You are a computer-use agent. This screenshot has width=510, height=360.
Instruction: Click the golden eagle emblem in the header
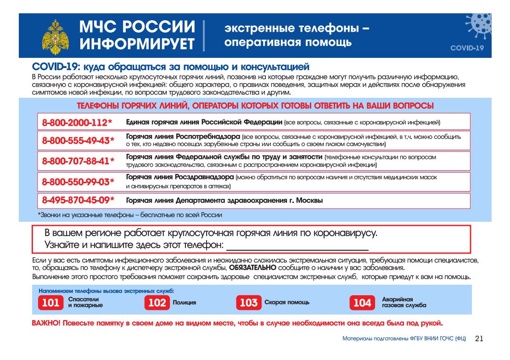click(x=56, y=37)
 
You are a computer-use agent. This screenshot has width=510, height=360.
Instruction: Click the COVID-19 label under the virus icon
click(x=467, y=48)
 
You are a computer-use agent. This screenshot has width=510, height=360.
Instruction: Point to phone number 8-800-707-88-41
click(x=78, y=161)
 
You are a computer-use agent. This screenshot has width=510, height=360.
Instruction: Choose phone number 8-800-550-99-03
click(x=78, y=181)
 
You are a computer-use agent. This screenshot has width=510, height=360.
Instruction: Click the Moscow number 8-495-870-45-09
click(x=78, y=201)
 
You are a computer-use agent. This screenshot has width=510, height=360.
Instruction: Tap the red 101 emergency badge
click(x=50, y=303)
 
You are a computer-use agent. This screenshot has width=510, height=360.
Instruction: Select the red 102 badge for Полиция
click(x=157, y=303)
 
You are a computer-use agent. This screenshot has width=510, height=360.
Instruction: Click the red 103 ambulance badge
click(x=248, y=303)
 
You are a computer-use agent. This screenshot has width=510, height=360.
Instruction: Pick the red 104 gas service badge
click(x=362, y=303)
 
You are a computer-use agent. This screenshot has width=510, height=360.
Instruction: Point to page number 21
click(x=479, y=339)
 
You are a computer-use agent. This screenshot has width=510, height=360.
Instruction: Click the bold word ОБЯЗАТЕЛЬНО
click(x=252, y=268)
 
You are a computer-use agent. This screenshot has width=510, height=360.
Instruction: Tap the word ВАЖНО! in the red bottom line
click(x=46, y=323)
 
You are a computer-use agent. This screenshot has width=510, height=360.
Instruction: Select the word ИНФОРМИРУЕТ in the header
click(x=137, y=44)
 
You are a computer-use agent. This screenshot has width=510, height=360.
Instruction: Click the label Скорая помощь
click(x=287, y=303)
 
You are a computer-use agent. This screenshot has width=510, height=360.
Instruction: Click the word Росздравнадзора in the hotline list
click(x=204, y=177)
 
